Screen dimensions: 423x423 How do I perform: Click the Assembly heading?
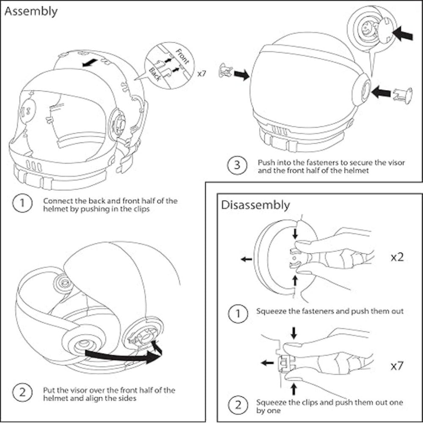(30, 11)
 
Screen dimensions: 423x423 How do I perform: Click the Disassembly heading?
(255, 205)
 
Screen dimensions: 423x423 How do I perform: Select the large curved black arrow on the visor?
(123, 354)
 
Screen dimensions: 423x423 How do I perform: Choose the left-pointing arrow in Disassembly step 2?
(266, 363)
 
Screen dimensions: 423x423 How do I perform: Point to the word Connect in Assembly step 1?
(57, 201)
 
